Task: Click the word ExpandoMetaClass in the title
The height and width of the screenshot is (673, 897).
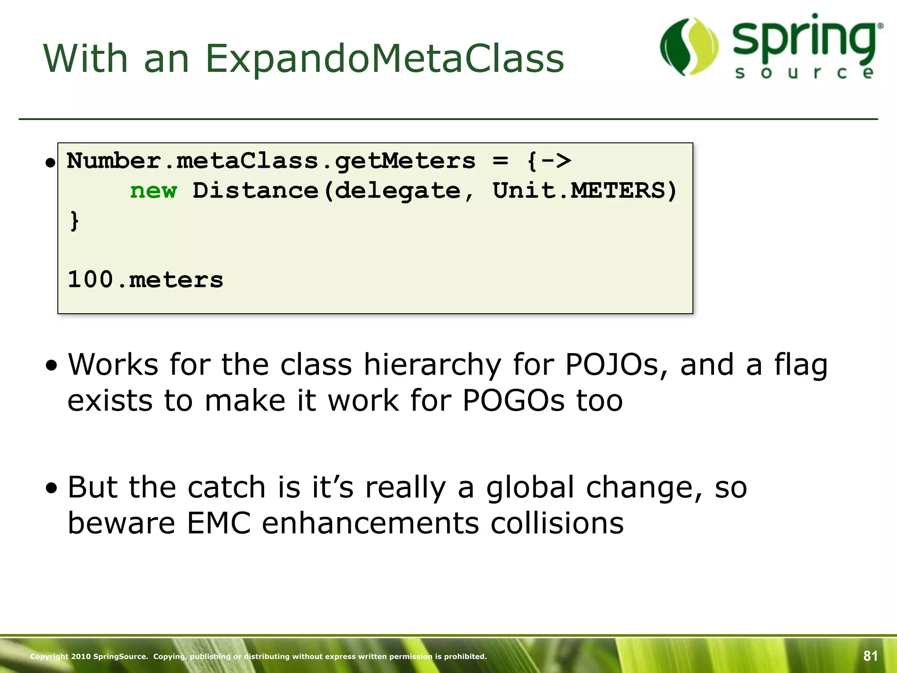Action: point(385,59)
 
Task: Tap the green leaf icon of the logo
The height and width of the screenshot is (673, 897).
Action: point(689,46)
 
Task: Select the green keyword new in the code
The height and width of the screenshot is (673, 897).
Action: point(153,191)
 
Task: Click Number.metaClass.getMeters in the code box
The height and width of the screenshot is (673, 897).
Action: point(271,161)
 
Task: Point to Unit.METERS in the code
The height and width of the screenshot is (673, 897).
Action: point(584,191)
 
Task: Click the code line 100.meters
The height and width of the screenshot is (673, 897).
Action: point(145,280)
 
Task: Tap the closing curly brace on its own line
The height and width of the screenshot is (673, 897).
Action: point(74,220)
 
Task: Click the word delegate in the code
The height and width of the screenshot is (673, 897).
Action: point(398,191)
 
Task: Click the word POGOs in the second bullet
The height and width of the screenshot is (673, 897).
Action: point(513,400)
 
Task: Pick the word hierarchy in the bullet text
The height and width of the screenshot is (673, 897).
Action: point(432,365)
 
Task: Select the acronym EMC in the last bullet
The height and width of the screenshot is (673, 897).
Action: point(219,523)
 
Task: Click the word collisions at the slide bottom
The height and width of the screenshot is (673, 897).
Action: point(557,523)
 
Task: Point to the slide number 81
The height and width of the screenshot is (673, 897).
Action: point(870,656)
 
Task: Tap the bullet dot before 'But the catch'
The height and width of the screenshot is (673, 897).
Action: point(52,488)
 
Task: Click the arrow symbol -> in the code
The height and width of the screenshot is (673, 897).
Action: point(556,161)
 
